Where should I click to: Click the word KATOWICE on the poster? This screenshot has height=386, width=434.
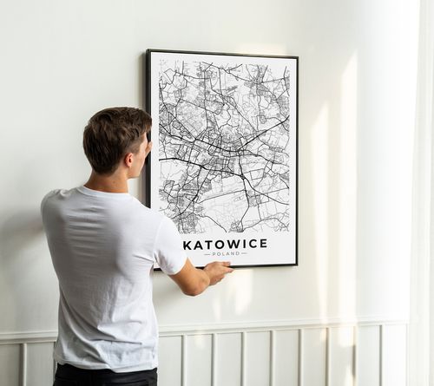225,245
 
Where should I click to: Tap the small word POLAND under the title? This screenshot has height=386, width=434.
225,253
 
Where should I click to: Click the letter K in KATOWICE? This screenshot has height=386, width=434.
187,245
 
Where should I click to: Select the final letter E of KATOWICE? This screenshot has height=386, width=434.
263,245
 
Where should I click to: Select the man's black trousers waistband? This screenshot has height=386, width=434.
104,375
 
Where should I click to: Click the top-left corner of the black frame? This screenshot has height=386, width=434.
148,51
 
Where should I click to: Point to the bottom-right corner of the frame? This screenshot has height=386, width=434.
296,265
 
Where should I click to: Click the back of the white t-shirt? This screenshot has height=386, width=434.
100,278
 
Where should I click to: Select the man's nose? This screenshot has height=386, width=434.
149,154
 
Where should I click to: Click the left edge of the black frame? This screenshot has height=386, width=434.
148,130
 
